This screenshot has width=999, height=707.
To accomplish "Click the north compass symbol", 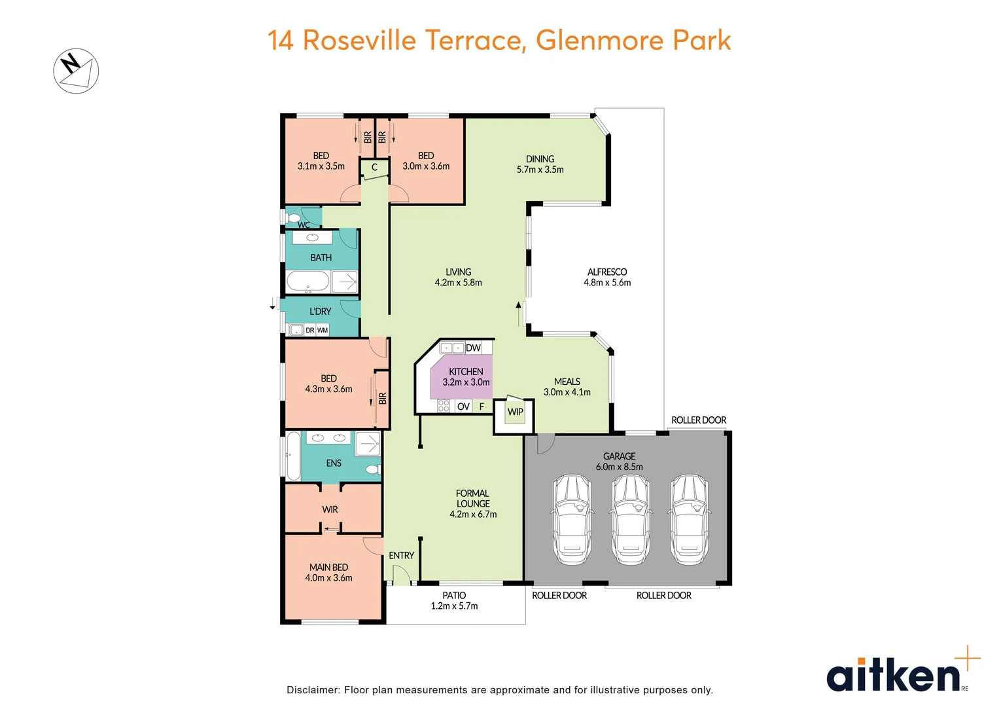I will click(76, 71).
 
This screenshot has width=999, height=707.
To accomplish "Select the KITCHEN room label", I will click(466, 371).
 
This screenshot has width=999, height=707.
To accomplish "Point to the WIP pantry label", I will click(516, 412).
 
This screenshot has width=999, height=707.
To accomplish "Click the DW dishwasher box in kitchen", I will click(473, 348).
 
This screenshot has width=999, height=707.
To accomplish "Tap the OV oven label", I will click(463, 407).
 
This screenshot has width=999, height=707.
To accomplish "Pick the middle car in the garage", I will click(630, 520).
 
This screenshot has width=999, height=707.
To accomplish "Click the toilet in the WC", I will click(293, 217).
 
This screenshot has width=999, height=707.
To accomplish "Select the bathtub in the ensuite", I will click(293, 456).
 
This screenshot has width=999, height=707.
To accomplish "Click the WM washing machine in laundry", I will click(323, 330).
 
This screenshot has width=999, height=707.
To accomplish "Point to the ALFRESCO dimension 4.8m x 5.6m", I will click(607, 283).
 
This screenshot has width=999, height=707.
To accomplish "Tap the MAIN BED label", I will click(328, 567).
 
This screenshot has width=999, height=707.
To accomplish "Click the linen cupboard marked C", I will click(374, 167).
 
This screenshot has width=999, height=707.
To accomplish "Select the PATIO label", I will click(454, 595).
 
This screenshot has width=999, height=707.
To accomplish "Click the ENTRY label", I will click(401, 555).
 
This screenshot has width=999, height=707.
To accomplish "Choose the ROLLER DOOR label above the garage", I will click(698, 420).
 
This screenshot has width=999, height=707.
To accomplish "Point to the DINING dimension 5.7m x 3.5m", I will click(540, 170).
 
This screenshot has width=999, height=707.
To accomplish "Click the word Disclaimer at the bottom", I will click(313, 689).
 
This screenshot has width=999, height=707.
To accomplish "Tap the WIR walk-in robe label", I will click(330, 509).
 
